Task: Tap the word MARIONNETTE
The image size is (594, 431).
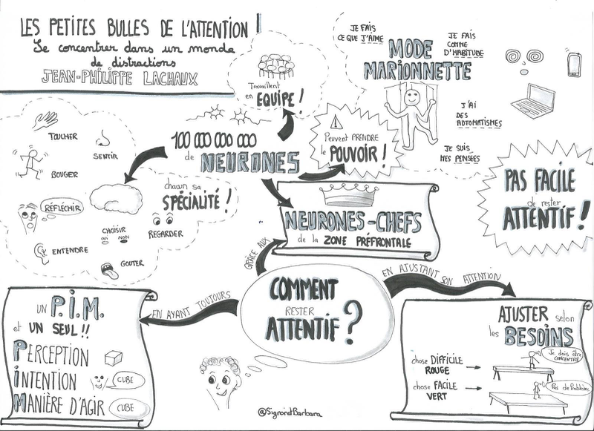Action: (x=418, y=73)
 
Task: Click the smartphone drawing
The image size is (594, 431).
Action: (x=573, y=65)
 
